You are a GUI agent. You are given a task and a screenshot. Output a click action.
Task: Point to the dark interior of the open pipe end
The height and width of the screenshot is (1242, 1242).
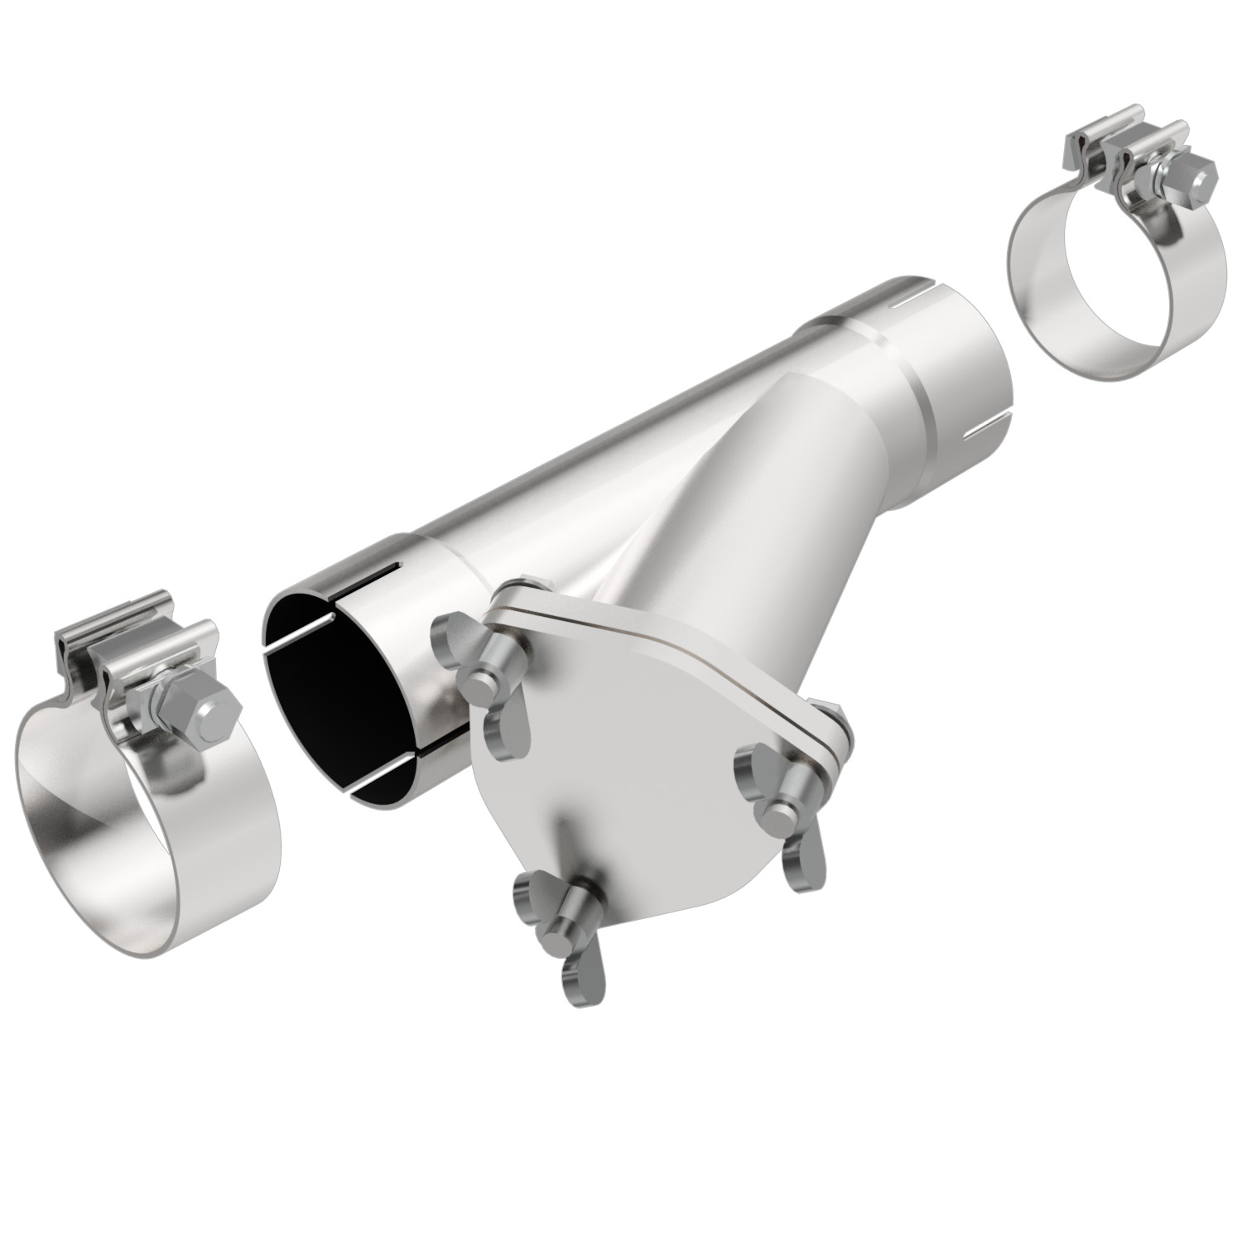click(331, 679)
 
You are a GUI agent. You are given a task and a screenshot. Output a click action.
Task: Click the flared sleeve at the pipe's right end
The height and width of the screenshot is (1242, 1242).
click(936, 364)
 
